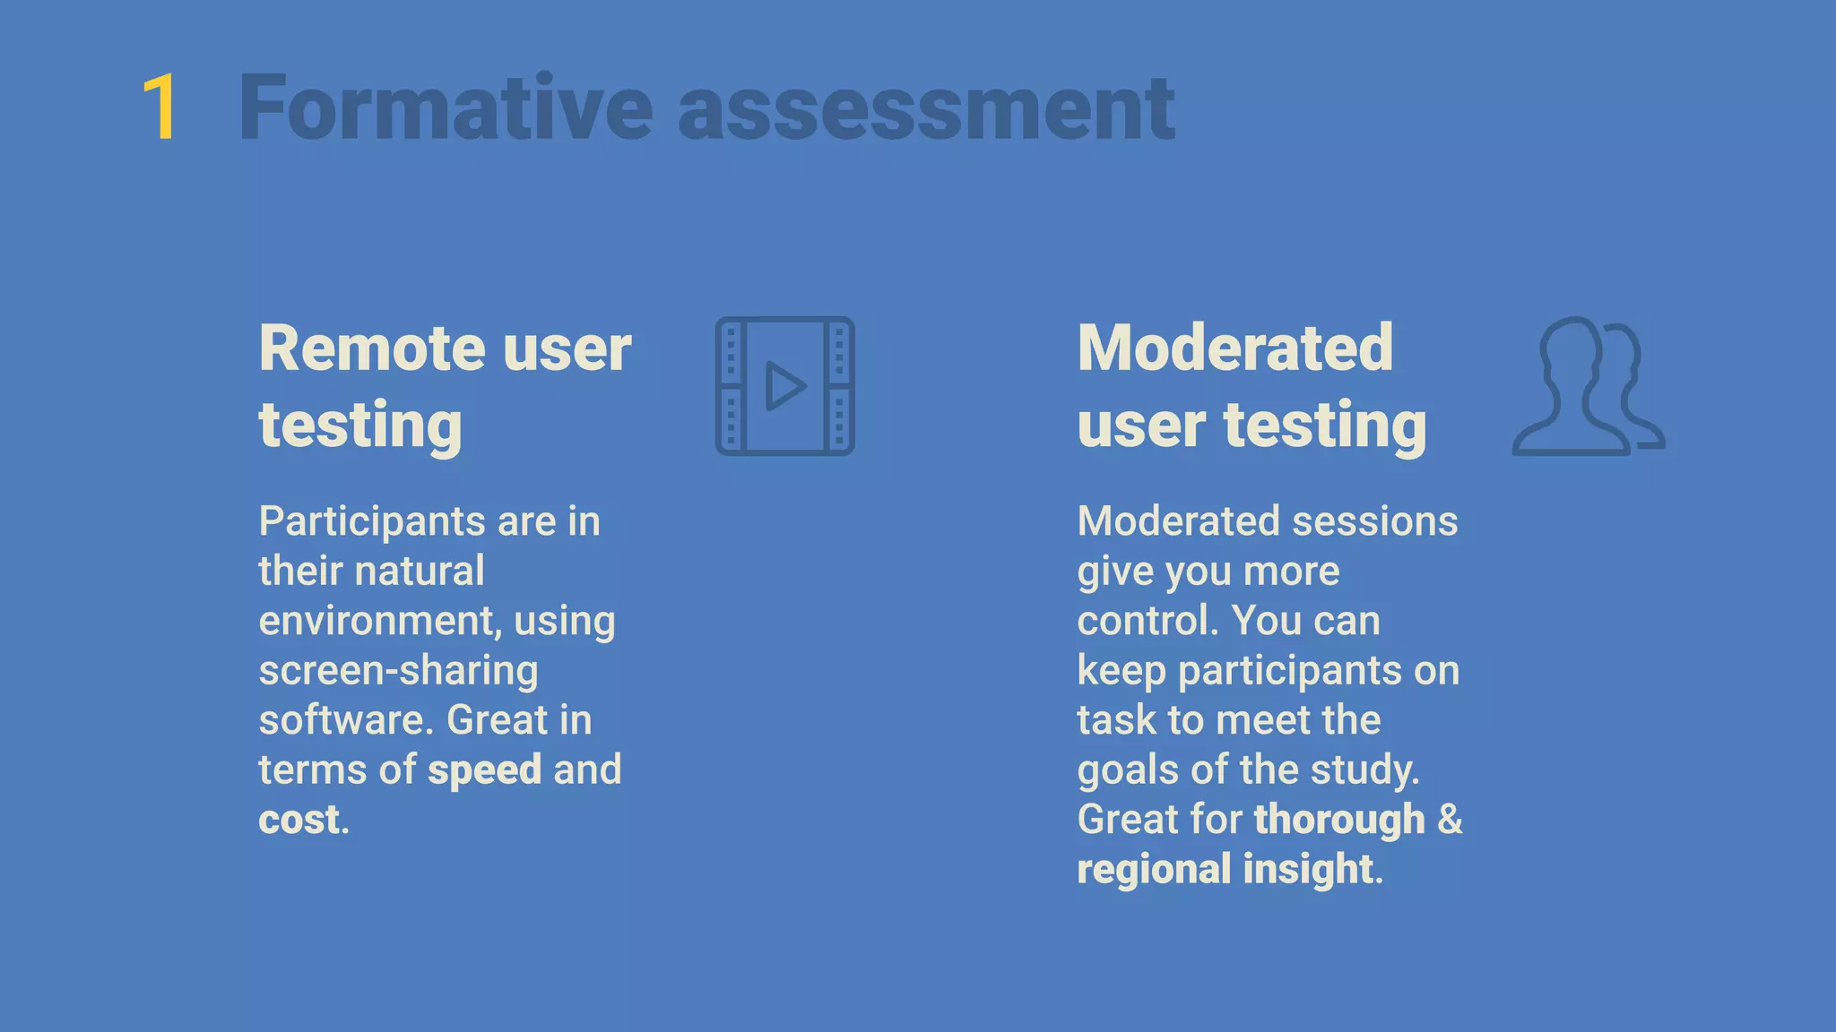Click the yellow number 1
(160, 108)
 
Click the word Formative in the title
(446, 108)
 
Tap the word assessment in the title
(925, 110)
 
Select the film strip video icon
(784, 386)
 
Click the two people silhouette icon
(1587, 386)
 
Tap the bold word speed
(484, 770)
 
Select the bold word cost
(299, 820)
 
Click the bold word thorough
(1339, 820)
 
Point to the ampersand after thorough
(1450, 820)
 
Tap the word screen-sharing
(398, 671)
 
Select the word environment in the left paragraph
(375, 621)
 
